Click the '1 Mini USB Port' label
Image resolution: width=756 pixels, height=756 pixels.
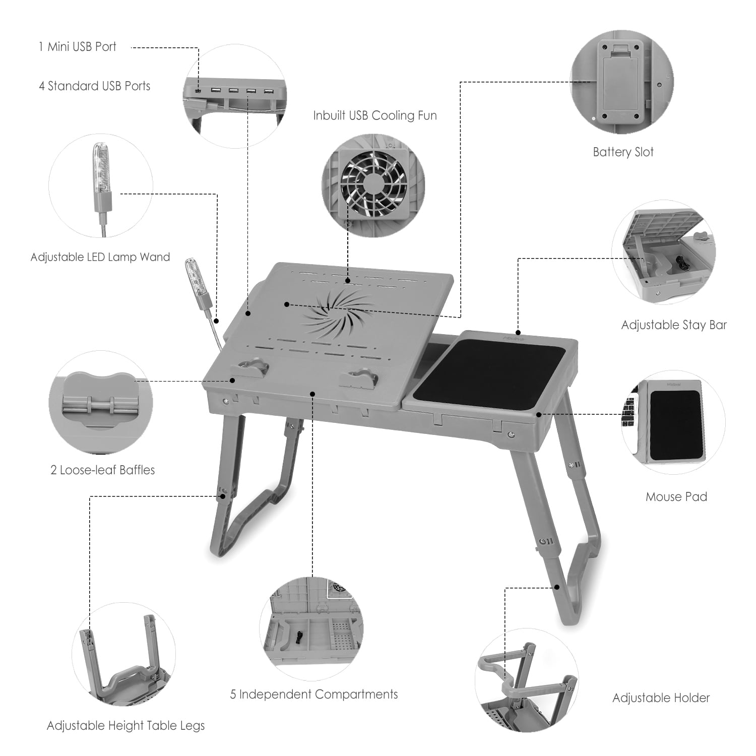pos(77,47)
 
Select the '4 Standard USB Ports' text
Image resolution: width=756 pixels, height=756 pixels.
pos(95,86)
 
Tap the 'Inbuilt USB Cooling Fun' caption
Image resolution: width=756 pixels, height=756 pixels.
pos(374,115)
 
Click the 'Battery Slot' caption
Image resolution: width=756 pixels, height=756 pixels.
pos(623,152)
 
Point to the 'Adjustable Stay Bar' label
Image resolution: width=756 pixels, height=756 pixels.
pos(674,325)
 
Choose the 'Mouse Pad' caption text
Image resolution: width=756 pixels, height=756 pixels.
pos(676,497)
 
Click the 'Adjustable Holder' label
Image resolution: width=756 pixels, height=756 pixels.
pos(661,698)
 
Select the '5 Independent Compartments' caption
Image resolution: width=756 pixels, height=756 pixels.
pos(314,695)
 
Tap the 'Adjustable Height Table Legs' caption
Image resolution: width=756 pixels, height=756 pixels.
pos(125,726)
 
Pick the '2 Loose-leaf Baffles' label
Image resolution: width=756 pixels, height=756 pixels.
pos(102,470)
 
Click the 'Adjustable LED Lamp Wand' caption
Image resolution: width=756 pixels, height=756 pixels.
pos(100,257)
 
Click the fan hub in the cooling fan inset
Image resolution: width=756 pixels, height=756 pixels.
pos(373,180)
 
